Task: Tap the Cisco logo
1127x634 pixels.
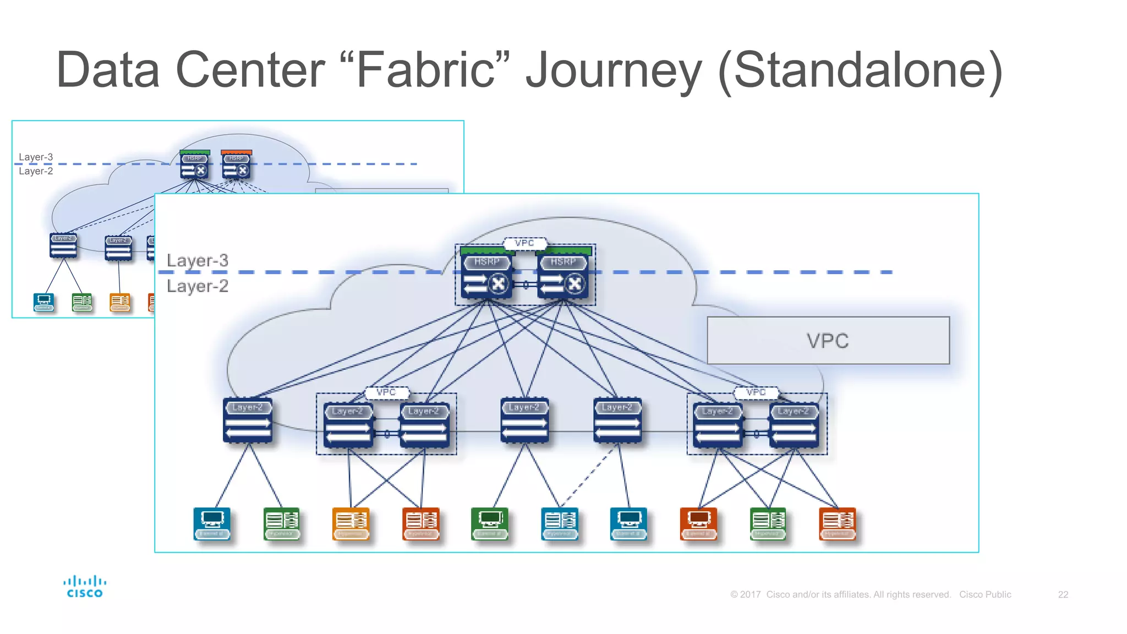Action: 85,587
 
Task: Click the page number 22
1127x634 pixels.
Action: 1063,594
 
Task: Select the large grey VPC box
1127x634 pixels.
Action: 828,340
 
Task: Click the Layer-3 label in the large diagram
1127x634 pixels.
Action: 197,260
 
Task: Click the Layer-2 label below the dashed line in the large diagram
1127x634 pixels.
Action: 197,286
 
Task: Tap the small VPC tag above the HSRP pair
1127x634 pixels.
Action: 524,243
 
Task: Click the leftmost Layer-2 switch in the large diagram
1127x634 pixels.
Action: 248,420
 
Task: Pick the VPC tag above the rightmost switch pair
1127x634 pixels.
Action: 756,392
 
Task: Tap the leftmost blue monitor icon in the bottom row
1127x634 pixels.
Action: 212,523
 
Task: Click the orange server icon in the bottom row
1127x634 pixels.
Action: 351,523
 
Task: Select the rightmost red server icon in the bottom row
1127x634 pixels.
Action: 837,523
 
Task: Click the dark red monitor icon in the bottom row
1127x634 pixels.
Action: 698,523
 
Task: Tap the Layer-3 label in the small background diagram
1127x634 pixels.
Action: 36,157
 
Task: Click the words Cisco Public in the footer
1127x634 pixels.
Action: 984,594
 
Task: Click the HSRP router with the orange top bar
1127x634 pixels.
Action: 236,165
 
